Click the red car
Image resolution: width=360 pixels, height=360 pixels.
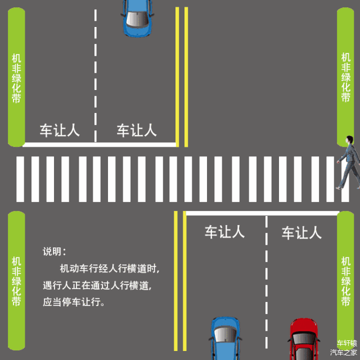pos(303,340)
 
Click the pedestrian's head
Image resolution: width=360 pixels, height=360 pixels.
pos(349,140)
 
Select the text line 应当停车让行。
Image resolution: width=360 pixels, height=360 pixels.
pos(74,302)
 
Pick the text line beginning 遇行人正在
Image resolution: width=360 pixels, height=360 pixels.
pos(97,285)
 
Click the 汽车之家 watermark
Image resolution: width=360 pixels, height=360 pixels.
pos(343,353)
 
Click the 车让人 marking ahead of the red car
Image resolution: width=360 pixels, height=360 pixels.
pos(301,232)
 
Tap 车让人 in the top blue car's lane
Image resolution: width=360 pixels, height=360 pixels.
pos(137,130)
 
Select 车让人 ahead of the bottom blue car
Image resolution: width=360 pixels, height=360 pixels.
pos(224,232)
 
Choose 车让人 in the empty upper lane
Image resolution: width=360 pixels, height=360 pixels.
pos(59,130)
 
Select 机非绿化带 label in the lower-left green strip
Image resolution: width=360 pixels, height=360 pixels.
pos(16,281)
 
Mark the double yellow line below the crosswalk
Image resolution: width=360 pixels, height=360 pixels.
pos(179,281)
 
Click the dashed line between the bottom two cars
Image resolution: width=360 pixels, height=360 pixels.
pos(266,281)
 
